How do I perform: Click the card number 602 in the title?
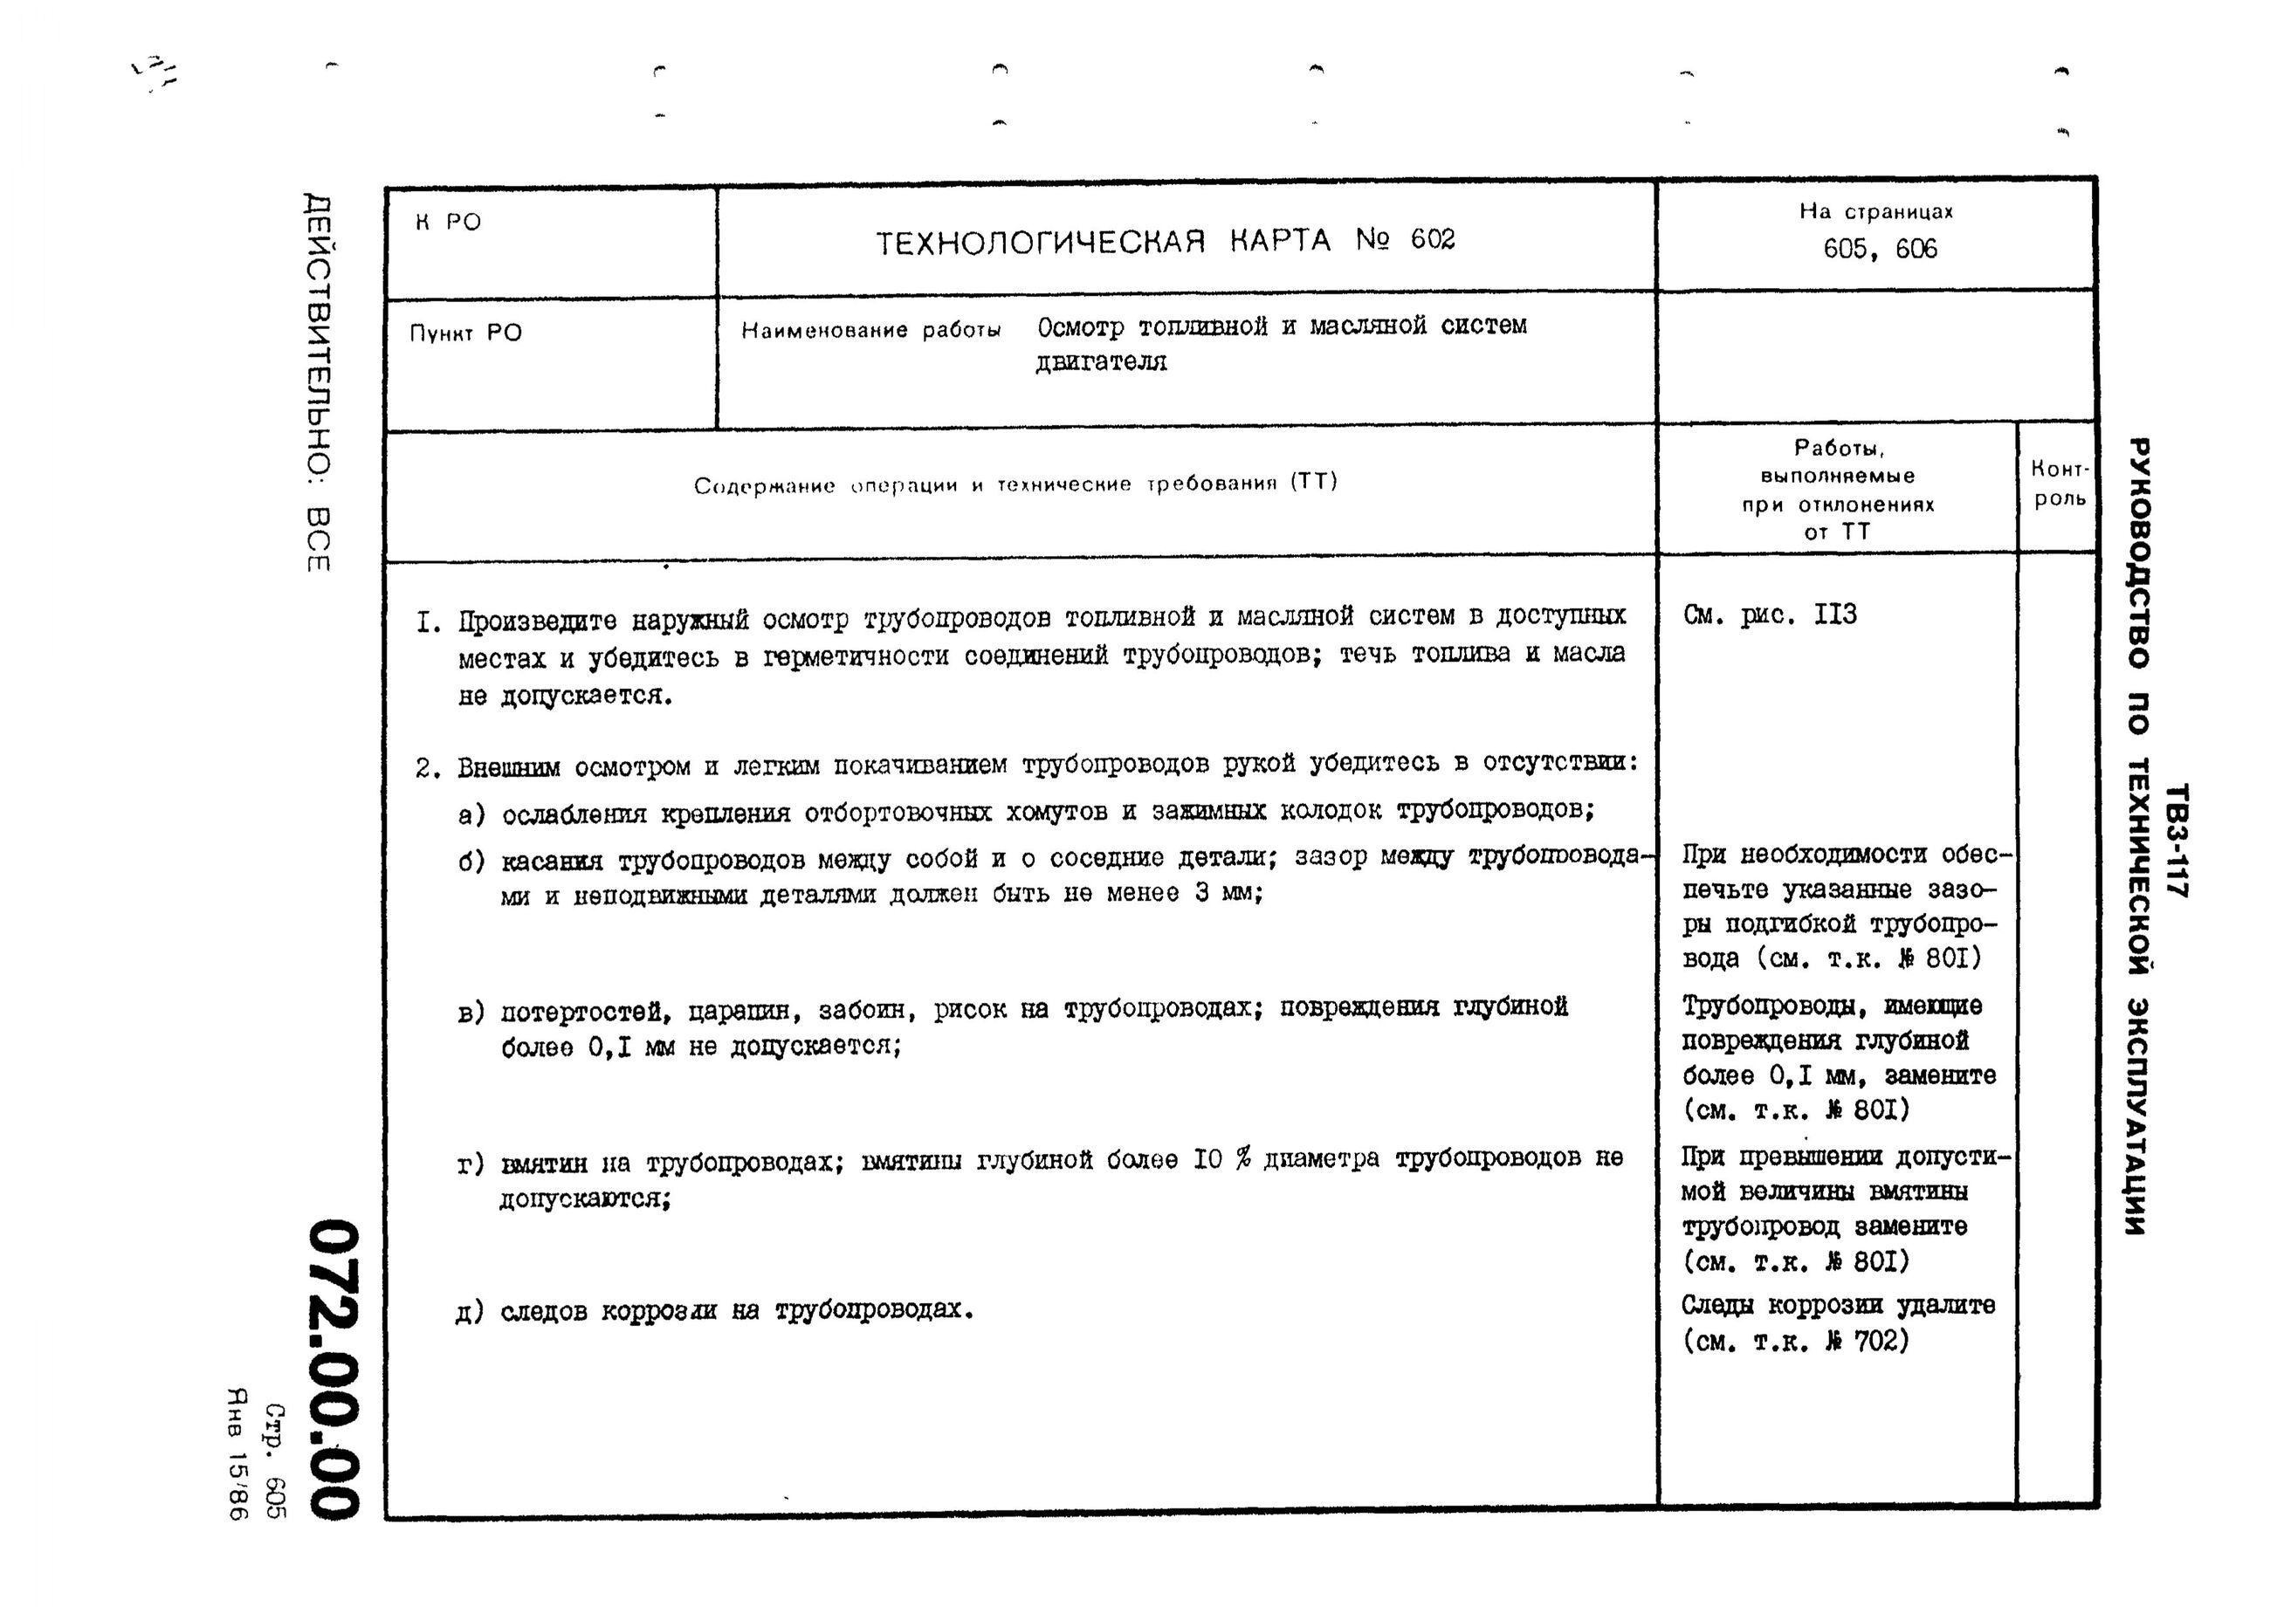point(1432,239)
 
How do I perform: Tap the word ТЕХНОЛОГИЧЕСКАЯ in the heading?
point(1040,243)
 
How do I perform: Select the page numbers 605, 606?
point(1879,249)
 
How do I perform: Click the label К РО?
point(447,223)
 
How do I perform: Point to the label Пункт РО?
point(465,333)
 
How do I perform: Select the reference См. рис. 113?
point(1770,615)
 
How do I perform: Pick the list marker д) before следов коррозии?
point(469,1312)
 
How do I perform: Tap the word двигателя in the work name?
point(1100,362)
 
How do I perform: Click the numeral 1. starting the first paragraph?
point(429,622)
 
